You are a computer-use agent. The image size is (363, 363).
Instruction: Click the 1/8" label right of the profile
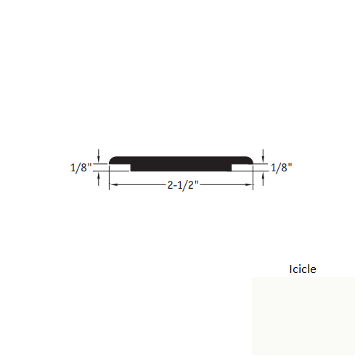point(281,168)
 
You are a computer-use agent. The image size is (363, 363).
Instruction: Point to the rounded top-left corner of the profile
point(113,158)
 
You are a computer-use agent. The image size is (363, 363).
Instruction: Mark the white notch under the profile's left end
point(120,168)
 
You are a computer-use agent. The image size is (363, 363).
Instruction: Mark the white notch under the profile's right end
point(243,168)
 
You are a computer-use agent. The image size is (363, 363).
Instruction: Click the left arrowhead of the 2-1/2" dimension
point(113,185)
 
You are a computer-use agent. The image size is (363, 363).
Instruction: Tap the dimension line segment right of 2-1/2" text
point(225,185)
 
